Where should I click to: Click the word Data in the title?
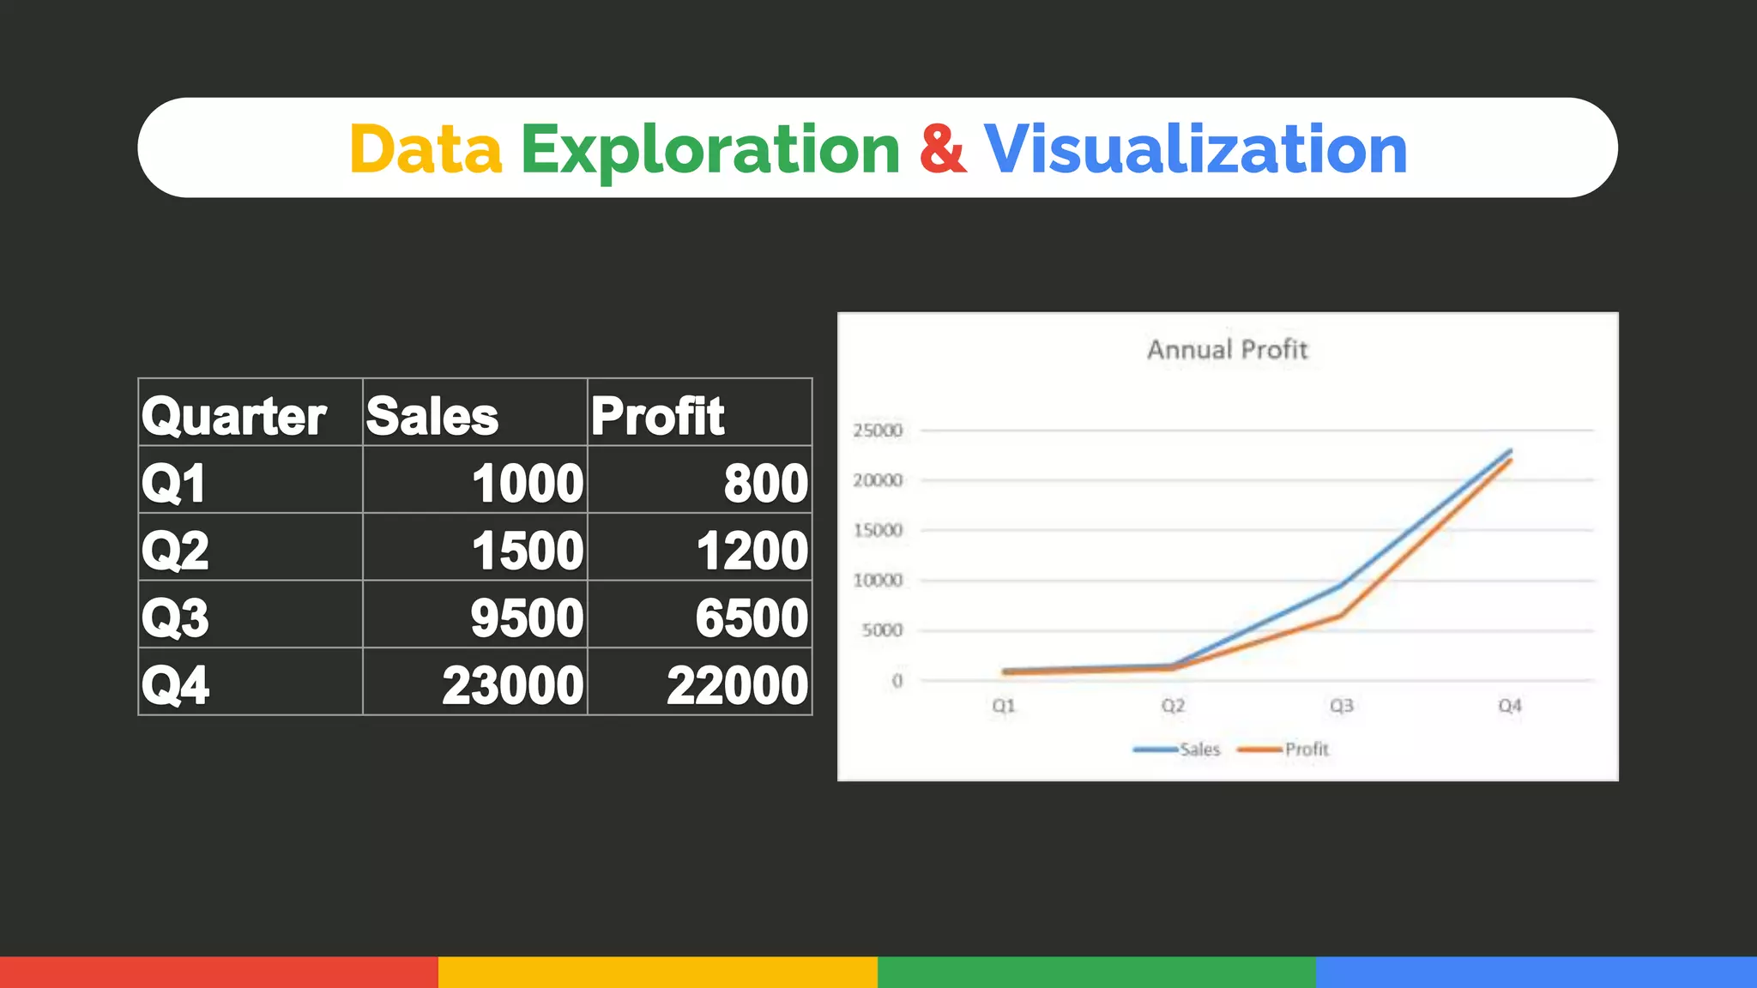pos(425,149)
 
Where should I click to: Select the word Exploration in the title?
pos(710,151)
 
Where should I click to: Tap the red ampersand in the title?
pos(942,149)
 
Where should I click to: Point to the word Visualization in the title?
pos(1195,149)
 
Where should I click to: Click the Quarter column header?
pos(233,416)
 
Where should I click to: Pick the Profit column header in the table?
pos(657,416)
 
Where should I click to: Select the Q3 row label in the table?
pos(175,617)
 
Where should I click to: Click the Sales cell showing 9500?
pos(527,617)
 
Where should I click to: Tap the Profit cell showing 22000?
pos(737,685)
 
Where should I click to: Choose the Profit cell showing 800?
pos(765,483)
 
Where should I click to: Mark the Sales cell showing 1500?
pos(528,551)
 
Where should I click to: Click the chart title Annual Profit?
pos(1228,350)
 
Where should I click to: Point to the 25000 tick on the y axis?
pos(878,431)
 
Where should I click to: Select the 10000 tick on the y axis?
pos(878,581)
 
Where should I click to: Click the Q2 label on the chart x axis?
pos(1173,706)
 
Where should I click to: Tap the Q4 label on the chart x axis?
pos(1510,706)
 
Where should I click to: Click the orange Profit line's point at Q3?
pos(1341,616)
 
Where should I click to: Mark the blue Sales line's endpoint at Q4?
pos(1510,450)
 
